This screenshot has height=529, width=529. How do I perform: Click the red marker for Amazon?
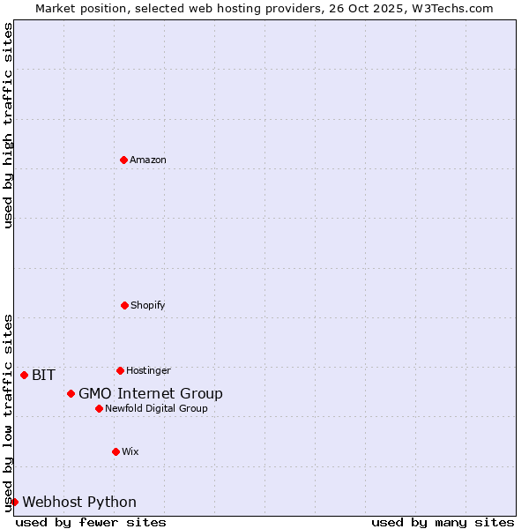point(123,160)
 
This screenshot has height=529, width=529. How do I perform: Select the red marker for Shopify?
point(124,305)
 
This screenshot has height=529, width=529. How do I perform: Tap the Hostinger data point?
point(120,370)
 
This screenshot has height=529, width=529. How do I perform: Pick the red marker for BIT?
point(24,375)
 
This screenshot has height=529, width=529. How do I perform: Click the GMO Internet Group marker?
point(71,393)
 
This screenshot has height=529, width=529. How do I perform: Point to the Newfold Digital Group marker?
point(99,408)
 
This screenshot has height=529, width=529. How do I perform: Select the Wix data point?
point(115,451)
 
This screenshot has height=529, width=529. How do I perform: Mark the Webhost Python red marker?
point(14,502)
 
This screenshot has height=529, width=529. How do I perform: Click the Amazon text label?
point(148,160)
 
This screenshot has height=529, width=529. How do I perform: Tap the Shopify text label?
point(148,306)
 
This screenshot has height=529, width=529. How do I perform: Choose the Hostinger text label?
point(148,371)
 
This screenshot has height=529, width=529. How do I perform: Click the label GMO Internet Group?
point(151,394)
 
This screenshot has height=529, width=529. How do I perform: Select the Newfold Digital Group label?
point(156,409)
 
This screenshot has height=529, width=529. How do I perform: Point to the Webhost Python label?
point(79,503)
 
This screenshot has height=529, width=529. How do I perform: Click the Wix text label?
point(130,452)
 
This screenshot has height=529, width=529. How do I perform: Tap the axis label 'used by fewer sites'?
point(91,522)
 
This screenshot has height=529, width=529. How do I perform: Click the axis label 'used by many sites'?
point(443,522)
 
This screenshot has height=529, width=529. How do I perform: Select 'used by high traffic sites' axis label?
point(8,125)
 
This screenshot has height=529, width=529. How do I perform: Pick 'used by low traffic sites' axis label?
point(8,413)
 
